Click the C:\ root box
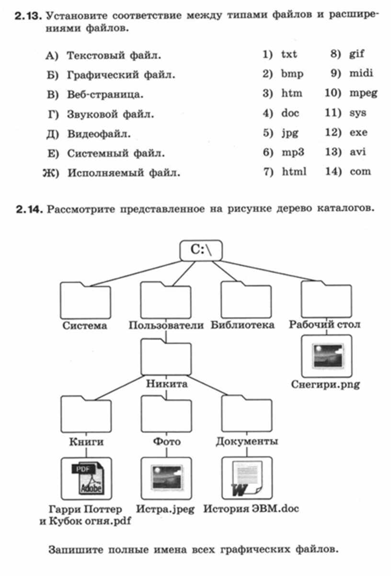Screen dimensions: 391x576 (201, 250)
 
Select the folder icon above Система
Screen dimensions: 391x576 (85, 301)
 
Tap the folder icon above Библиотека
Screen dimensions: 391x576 (246, 300)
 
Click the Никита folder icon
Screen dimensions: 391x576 (166, 357)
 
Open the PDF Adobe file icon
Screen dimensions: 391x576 (86, 478)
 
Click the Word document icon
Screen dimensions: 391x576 (247, 478)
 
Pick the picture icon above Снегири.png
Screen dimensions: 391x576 (327, 356)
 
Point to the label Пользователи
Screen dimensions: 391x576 (166, 325)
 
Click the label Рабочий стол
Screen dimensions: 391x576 (324, 325)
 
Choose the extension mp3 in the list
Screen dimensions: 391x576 (293, 152)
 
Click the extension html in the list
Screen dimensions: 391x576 (294, 171)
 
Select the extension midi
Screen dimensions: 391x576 (361, 73)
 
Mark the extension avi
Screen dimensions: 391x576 (358, 152)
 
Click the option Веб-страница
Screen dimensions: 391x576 (105, 95)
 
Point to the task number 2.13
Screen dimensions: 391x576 (28, 16)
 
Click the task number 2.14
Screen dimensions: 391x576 (29, 209)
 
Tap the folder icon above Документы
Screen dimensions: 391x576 (247, 414)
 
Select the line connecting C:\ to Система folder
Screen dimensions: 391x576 (136, 273)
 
